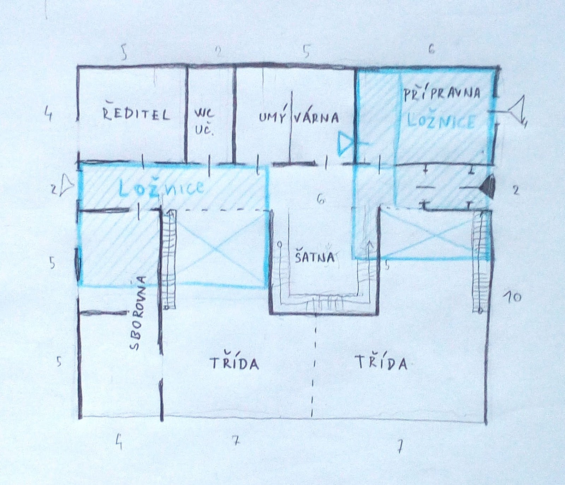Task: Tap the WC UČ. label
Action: click(x=204, y=122)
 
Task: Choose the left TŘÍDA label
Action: click(x=235, y=363)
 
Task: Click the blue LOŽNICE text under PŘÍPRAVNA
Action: click(x=441, y=121)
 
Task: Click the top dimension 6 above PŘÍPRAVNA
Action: click(x=431, y=49)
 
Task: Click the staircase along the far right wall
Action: click(x=478, y=261)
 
